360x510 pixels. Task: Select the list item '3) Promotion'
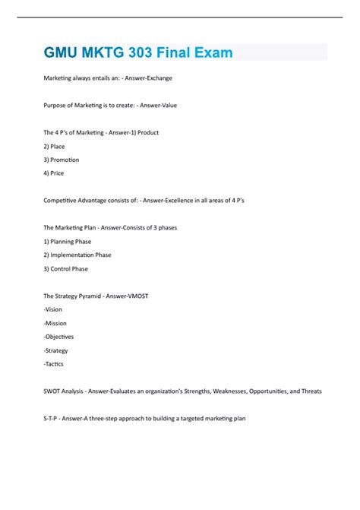62,160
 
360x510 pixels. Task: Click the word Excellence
163,200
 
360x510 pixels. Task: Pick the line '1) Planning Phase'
68,241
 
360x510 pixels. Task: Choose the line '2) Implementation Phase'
77,255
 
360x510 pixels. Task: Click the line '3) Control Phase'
66,268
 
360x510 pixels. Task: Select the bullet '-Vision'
54,309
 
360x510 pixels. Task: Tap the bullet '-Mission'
56,323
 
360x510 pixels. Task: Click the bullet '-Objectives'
59,337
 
